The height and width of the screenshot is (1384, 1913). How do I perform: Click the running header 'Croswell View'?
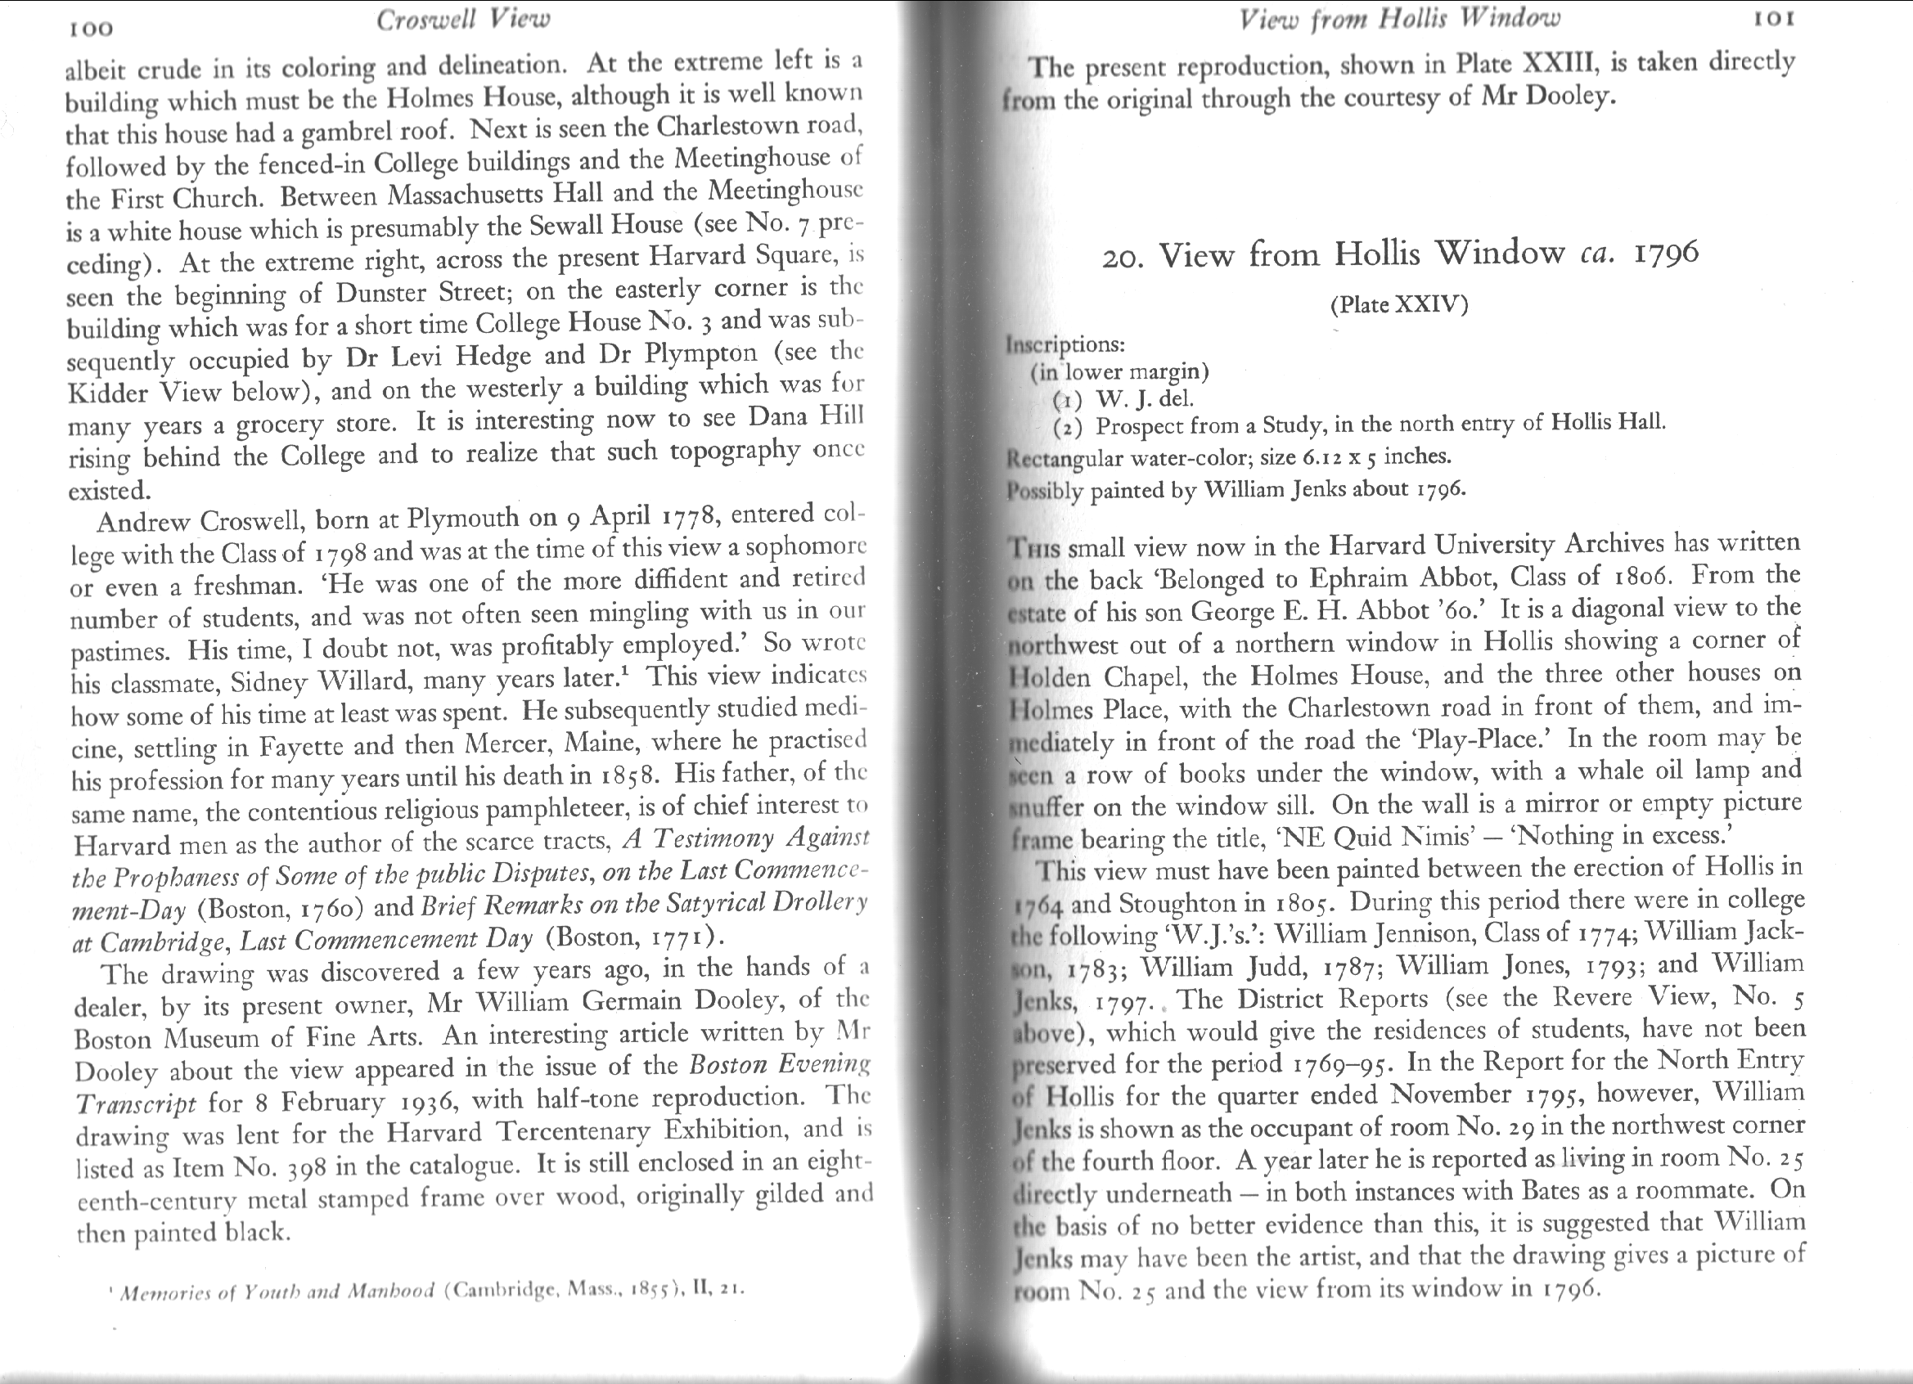462,20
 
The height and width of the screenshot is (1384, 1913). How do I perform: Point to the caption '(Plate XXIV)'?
1399,304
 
